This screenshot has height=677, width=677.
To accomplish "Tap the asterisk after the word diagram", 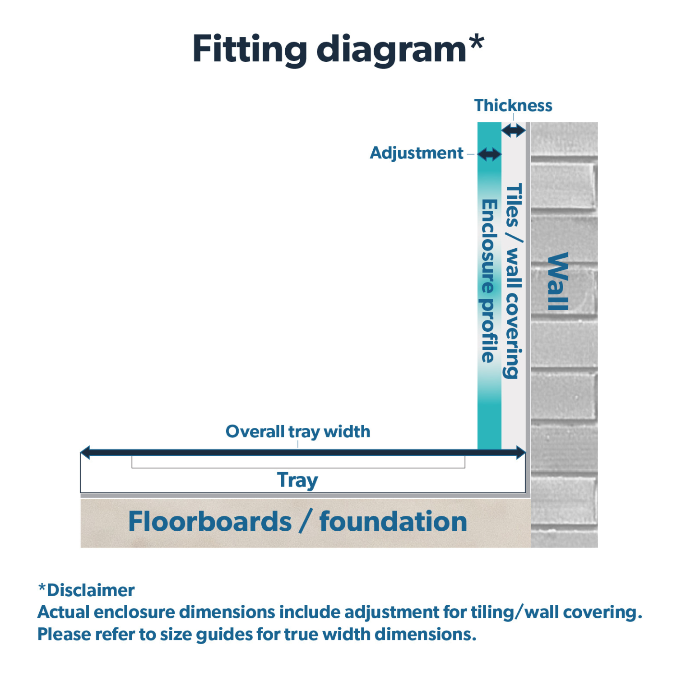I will [476, 43].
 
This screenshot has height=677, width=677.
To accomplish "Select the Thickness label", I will [513, 106].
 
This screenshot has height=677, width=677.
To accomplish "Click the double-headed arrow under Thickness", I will [514, 131].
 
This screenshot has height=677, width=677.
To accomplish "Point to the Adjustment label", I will [416, 153].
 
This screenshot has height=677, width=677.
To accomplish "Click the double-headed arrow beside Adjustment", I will [489, 154].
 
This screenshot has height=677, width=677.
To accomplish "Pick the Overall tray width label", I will [298, 432].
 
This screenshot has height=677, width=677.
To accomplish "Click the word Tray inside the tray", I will [297, 480].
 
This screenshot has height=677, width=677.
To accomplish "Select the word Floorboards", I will [210, 522].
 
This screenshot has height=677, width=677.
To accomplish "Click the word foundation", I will [393, 522].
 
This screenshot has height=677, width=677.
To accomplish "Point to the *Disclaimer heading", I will [86, 590].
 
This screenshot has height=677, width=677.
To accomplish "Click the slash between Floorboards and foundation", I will [306, 522].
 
